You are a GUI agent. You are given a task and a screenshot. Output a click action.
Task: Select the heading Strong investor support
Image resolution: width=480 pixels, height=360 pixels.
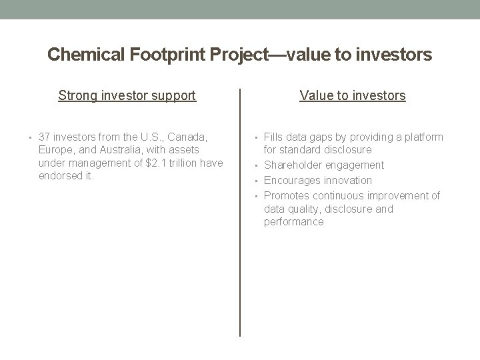(x=127, y=95)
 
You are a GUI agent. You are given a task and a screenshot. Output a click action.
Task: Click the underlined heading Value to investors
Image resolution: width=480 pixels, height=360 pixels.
(x=353, y=95)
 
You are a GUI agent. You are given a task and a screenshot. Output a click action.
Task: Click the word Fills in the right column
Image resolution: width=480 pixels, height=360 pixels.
(x=275, y=137)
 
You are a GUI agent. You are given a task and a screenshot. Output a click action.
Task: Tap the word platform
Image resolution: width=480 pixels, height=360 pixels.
(x=423, y=137)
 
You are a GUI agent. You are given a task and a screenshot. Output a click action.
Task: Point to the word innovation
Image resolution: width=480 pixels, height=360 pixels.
(x=349, y=180)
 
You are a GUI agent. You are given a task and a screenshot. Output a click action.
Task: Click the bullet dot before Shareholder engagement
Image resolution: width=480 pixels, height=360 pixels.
(x=257, y=165)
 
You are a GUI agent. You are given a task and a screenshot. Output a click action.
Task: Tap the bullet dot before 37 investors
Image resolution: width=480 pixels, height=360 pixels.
(x=31, y=137)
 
